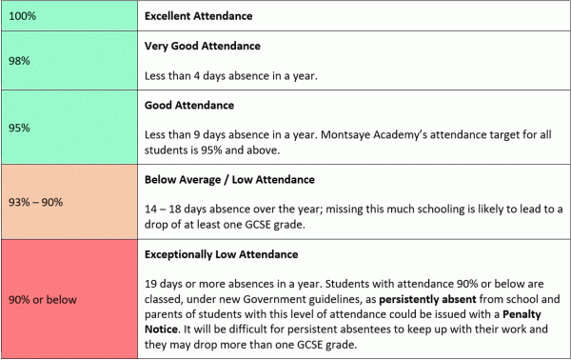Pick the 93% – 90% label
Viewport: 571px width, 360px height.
[36, 202]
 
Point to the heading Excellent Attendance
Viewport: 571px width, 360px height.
[203, 16]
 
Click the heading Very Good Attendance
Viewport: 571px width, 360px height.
[202, 45]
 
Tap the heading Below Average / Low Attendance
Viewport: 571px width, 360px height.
[229, 178]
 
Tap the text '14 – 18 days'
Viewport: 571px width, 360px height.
[175, 208]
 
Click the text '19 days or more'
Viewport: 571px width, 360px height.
[184, 283]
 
